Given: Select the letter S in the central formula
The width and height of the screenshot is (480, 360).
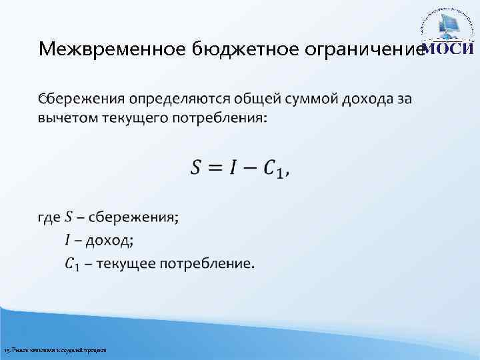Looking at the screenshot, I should point(197,168).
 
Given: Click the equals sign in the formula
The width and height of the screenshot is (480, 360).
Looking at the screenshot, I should point(215,169).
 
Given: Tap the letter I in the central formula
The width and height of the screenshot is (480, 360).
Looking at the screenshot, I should point(233,168).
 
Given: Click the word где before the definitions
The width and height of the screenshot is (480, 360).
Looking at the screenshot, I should point(50,217).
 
